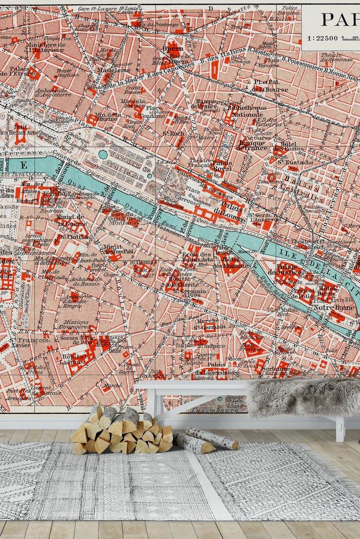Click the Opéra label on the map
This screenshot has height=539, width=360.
click(x=173, y=49)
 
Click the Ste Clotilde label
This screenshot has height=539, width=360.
click(x=75, y=237)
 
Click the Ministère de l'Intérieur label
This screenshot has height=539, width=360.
click(x=45, y=46)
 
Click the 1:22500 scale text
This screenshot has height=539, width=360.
click(x=322, y=38)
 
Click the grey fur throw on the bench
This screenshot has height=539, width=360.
click(x=303, y=397)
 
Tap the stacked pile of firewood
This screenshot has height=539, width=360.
click(x=122, y=431)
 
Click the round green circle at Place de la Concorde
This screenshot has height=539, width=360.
click(x=103, y=155)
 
